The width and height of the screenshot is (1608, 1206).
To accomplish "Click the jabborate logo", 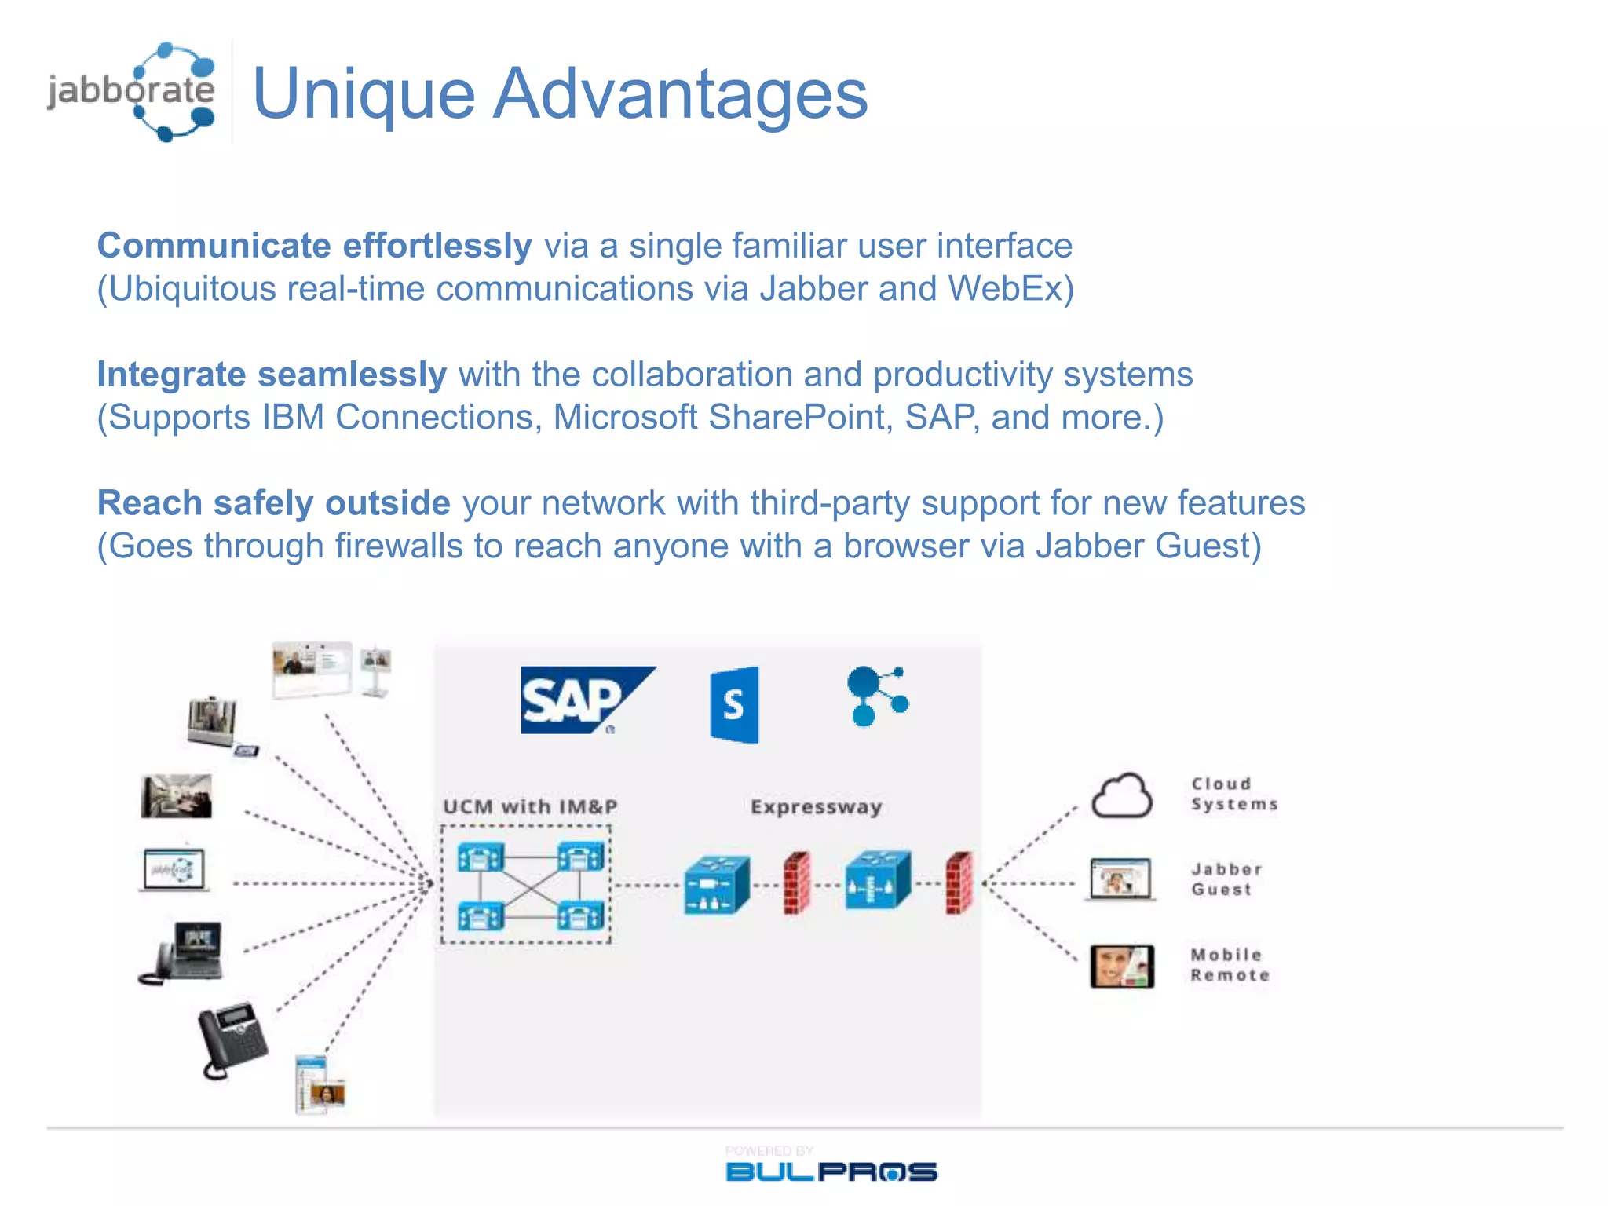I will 132,91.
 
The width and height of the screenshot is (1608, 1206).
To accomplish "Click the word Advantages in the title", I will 680,94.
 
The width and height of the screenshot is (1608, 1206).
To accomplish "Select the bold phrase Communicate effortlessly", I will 314,246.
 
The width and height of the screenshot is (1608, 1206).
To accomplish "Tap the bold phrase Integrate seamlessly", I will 272,375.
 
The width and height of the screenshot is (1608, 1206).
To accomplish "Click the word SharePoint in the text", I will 800,418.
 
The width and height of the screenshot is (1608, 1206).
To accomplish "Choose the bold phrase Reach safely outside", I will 273,503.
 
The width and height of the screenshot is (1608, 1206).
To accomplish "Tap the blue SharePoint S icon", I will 735,704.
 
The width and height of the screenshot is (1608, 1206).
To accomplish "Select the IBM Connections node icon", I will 876,696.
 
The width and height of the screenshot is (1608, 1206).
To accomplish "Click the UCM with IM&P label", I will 530,807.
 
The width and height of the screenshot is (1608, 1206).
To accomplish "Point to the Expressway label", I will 816,807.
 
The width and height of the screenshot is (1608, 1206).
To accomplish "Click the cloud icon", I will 1121,796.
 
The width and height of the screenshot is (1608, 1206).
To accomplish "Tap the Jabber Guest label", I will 1226,879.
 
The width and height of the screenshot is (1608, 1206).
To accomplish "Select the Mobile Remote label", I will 1229,965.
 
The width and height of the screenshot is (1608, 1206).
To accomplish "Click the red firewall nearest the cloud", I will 959,883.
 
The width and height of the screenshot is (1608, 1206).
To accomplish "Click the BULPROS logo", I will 831,1171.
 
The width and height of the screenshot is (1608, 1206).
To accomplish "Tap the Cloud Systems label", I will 1233,794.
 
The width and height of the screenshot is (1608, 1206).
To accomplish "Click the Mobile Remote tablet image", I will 1122,966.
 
